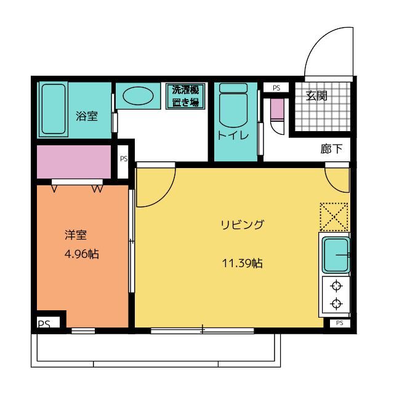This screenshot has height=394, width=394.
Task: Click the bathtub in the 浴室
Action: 54,109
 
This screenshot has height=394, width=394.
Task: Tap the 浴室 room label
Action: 87,116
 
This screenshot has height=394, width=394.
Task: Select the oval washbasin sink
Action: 138,96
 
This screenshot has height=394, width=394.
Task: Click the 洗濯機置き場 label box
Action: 185,96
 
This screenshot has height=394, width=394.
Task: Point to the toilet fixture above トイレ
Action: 233,105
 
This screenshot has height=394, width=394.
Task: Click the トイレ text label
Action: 233,135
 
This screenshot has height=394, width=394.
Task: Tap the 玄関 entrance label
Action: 316,95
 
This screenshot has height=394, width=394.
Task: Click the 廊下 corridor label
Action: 331,149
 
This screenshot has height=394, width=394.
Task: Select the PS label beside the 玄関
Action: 276,88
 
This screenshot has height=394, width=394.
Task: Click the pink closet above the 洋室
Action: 74,162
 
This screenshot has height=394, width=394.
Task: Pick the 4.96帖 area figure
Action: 82,254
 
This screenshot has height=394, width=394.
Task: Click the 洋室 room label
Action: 76,235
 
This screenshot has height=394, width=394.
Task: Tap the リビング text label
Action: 243,224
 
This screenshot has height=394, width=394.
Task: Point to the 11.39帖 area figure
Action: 243,263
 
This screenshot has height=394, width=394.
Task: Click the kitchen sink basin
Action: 336,255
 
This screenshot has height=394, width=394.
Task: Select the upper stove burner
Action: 336,286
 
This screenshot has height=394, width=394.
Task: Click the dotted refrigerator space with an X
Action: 334,217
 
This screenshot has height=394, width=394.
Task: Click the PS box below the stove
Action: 339,323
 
